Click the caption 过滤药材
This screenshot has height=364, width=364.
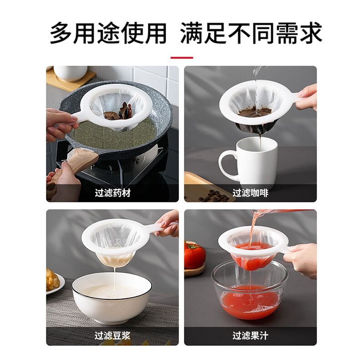coord(113,193)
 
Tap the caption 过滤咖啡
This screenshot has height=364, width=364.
coord(250,193)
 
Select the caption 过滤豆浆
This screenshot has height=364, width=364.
coord(113,336)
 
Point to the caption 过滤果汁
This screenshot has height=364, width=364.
coord(250,336)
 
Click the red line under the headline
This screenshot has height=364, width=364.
coord(182,58)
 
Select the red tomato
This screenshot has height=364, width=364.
coord(194,255)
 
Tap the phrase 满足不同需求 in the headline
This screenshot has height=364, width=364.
coord(251,33)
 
